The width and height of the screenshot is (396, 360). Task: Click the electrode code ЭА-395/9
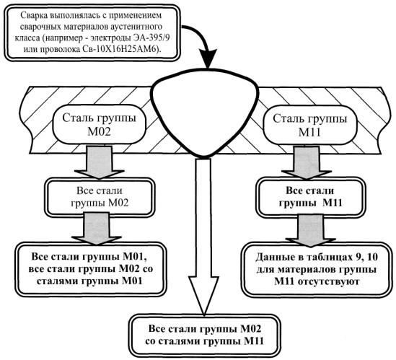click(151, 38)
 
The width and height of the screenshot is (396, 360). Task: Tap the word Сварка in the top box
click(34, 15)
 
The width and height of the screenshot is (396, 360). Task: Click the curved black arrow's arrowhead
click(208, 58)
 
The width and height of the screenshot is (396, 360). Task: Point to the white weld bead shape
click(205, 111)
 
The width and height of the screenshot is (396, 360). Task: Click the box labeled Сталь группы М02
click(100, 125)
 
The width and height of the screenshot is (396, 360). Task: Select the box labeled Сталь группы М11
click(309, 126)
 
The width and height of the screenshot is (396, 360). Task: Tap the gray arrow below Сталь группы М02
click(100, 162)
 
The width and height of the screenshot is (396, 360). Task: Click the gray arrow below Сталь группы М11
click(307, 162)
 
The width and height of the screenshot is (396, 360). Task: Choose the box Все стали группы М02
click(100, 197)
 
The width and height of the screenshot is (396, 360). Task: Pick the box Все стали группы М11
click(311, 197)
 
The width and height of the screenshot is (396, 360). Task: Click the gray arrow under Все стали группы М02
click(96, 228)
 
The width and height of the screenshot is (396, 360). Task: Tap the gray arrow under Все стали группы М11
click(310, 230)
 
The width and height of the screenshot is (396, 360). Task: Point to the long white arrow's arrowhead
click(203, 296)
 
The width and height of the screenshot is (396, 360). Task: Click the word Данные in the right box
click(272, 258)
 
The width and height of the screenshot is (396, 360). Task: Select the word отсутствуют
click(328, 281)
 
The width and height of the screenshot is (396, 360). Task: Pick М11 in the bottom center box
click(254, 341)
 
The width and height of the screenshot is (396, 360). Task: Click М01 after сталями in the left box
click(132, 281)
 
